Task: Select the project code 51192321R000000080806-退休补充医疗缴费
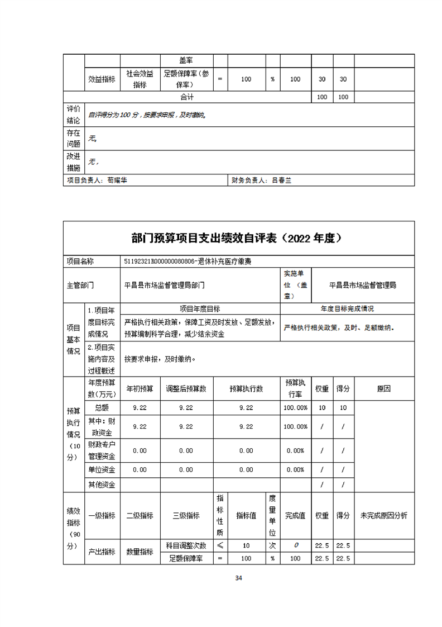tap(188, 261)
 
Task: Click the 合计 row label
tap(187, 97)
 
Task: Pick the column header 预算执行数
tap(246, 389)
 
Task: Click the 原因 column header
tap(383, 389)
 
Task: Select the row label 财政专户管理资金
tap(102, 450)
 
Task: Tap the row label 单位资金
tap(102, 470)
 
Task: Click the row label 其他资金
tap(102, 485)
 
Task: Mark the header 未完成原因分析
tap(383, 516)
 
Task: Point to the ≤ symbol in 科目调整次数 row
tap(220, 545)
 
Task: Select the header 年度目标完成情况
tap(347, 308)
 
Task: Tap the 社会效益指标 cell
tap(140, 79)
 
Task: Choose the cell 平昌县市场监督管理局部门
tap(165, 284)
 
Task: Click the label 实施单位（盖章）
tap(295, 284)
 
